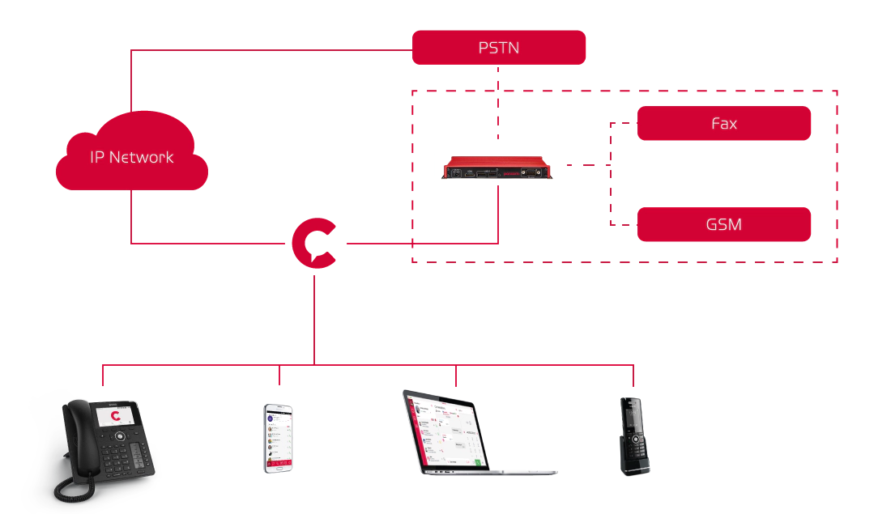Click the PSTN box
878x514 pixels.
pyautogui.click(x=498, y=47)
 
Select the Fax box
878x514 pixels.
pyautogui.click(x=723, y=123)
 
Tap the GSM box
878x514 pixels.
pyautogui.click(x=723, y=224)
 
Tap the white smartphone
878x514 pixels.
pyautogui.click(x=278, y=437)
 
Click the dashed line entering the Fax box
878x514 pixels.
pyautogui.click(x=624, y=123)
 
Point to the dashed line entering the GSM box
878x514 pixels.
pyautogui.click(x=624, y=224)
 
